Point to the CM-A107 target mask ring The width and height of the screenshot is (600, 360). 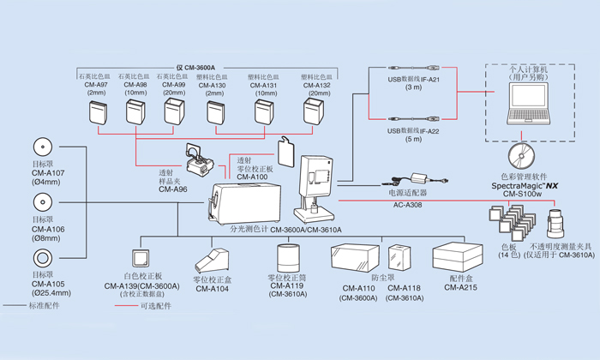(x=40, y=146)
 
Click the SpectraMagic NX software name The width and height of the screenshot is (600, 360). (x=525, y=184)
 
